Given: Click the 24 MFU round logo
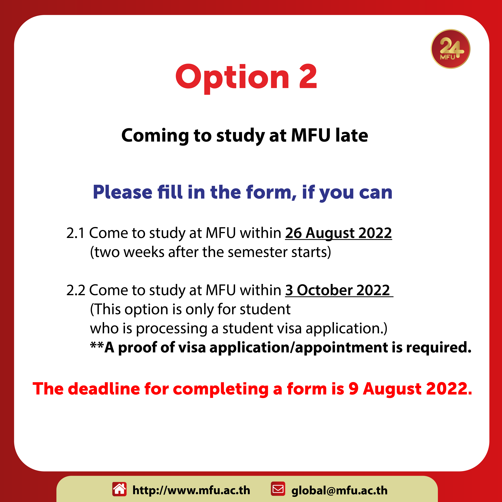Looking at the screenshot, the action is (x=451, y=49).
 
